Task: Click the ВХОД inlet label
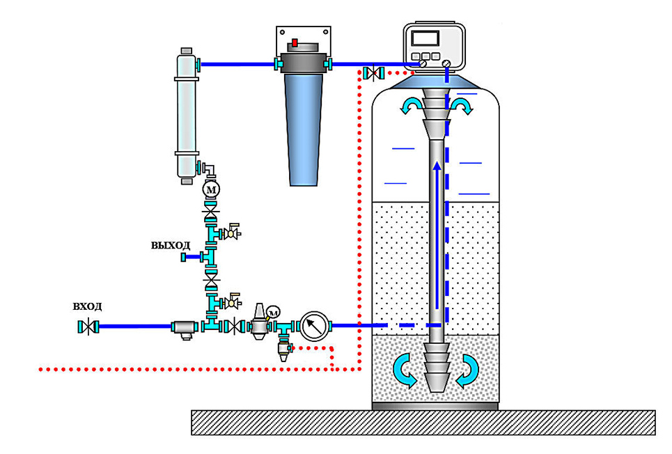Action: click(x=87, y=306)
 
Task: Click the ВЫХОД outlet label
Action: click(x=170, y=245)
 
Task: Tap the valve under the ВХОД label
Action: click(x=88, y=327)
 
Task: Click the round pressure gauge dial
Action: click(x=314, y=327)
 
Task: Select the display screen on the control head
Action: click(x=425, y=38)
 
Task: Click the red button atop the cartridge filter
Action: click(x=295, y=42)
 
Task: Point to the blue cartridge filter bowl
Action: click(x=304, y=130)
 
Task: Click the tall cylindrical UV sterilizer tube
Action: click(x=187, y=116)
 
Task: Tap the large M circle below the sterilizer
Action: click(x=211, y=189)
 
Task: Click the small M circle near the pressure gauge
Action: click(x=273, y=313)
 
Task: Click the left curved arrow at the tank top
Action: click(x=411, y=105)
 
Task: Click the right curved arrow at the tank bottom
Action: click(x=467, y=371)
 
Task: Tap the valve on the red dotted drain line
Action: click(x=373, y=73)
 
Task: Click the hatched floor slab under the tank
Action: click(x=423, y=423)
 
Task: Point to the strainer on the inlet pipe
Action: click(x=185, y=329)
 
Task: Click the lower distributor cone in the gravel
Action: click(x=437, y=367)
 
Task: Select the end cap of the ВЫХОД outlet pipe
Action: click(x=183, y=257)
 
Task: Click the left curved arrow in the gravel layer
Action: click(x=405, y=371)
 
